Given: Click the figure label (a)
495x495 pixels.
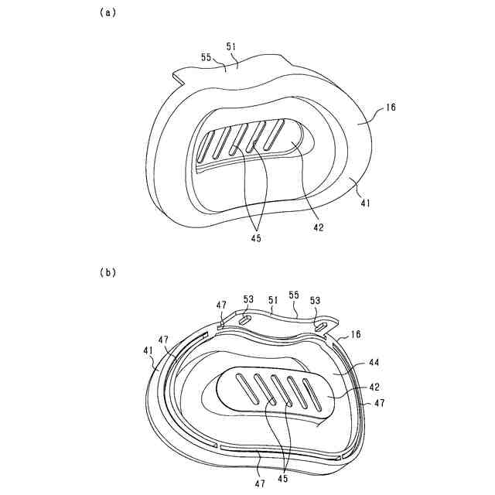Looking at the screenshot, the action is pyautogui.click(x=108, y=12).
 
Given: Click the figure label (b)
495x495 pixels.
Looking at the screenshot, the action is pyautogui.click(x=108, y=272).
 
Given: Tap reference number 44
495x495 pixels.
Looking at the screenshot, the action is pyautogui.click(x=374, y=362).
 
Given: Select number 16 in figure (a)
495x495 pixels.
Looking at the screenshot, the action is pyautogui.click(x=391, y=108).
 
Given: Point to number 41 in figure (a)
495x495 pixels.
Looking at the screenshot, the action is pyautogui.click(x=365, y=203).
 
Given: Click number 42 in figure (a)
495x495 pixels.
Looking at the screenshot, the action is pyautogui.click(x=319, y=227).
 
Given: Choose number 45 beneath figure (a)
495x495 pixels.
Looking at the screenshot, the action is pyautogui.click(x=256, y=238).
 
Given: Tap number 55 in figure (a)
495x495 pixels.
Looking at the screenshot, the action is pyautogui.click(x=207, y=57).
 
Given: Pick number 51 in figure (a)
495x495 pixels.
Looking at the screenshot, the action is pyautogui.click(x=231, y=46).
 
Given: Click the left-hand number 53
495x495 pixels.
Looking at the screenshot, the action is pyautogui.click(x=248, y=299).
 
